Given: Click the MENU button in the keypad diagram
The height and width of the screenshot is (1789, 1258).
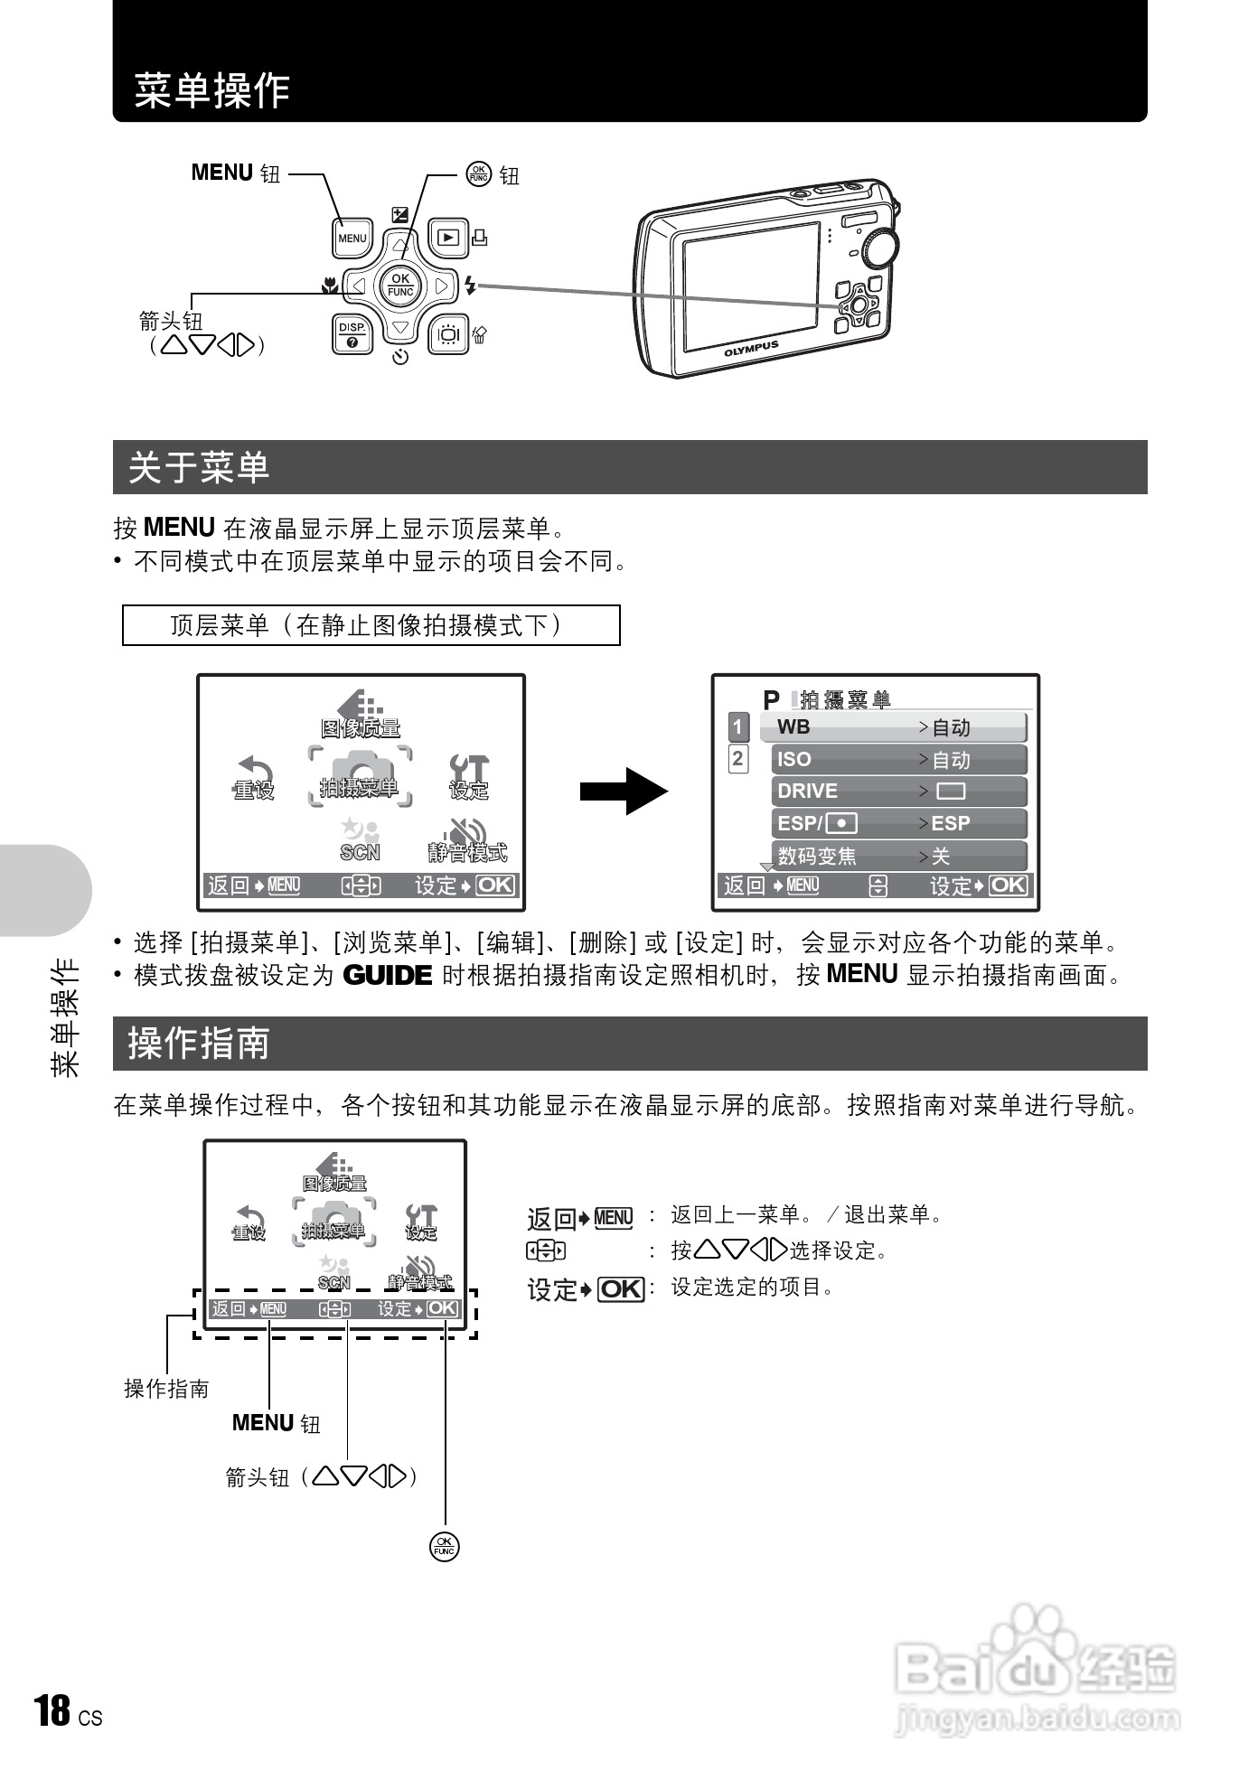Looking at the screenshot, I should pos(352,239).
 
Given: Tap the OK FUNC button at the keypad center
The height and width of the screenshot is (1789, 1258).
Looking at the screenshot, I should pos(399,286).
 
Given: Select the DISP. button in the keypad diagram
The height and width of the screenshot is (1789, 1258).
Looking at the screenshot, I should pos(352,334).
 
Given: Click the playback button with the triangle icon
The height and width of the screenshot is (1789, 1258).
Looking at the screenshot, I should pos(448,238).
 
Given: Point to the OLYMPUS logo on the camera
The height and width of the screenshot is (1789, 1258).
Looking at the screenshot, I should pos(750,349).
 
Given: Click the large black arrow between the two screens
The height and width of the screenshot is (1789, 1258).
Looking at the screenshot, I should pos(624,791).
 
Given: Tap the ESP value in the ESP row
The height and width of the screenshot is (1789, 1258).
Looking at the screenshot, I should pos(951,823).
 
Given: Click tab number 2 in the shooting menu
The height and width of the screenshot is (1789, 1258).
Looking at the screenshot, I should pos(738,759).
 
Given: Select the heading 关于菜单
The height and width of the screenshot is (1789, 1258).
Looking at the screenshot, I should pos(200,467).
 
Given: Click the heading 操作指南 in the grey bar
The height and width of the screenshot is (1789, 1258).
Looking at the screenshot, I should pos(200,1044).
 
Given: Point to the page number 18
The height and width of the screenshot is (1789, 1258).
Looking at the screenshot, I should pos(52,1710).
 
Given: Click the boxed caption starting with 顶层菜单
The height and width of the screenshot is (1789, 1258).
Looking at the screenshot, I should pos(371,625).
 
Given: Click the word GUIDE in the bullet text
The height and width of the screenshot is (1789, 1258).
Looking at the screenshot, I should pos(388,976).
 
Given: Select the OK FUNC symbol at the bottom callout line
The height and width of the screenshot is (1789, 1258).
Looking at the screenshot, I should pos(445,1547).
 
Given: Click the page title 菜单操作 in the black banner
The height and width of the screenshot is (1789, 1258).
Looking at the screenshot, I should pos(212,90).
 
